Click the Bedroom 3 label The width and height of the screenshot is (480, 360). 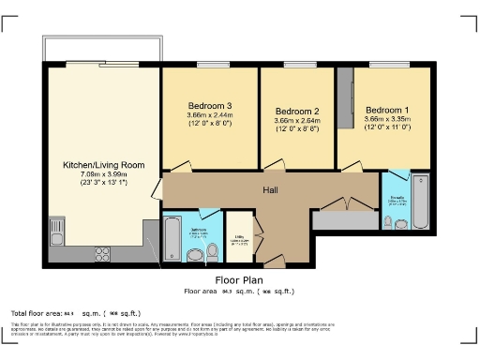coord(209,105)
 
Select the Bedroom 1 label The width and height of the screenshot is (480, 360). coord(387,109)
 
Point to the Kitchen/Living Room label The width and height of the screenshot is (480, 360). coord(103,164)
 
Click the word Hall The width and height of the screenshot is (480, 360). coord(270,190)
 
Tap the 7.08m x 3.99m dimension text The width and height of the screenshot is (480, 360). coord(103,173)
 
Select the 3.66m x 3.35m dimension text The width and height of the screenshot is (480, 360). coord(387,119)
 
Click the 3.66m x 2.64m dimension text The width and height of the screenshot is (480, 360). coord(297,120)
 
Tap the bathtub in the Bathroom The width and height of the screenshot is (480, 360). coord(172,238)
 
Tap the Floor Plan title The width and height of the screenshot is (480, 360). coord(239,279)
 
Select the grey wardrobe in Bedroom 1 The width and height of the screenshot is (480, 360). coord(347,98)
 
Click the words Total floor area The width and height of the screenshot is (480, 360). coord(36,312)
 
